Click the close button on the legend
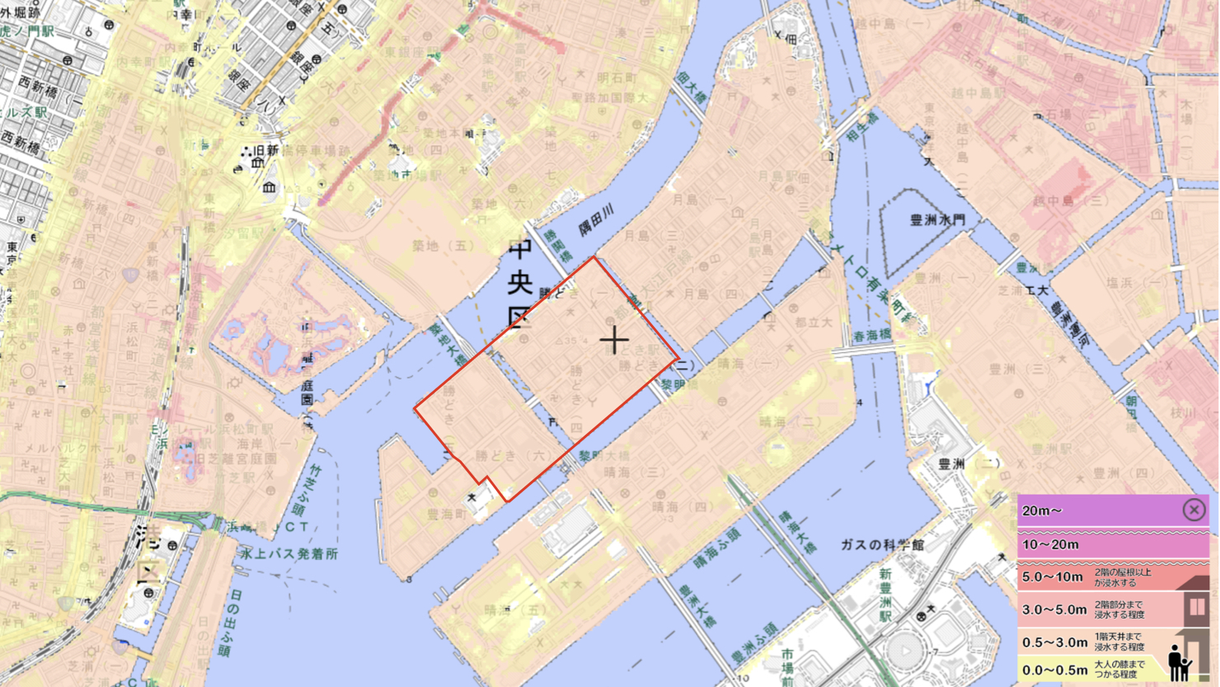pos(1194,511)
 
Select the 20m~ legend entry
pos(1042,511)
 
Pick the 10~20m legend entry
pos(1050,544)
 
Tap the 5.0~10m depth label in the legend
pos(1053,576)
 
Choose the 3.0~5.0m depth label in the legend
pos(1054,609)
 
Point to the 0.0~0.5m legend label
pos(1054,669)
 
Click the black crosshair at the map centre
pos(613,340)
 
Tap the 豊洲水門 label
pos(937,220)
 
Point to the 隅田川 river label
pos(595,221)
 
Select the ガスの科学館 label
pos(883,545)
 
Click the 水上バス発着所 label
pos(289,553)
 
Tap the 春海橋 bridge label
pos(872,336)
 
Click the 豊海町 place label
pos(446,514)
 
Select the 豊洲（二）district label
pos(969,464)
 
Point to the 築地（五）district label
pos(443,246)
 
